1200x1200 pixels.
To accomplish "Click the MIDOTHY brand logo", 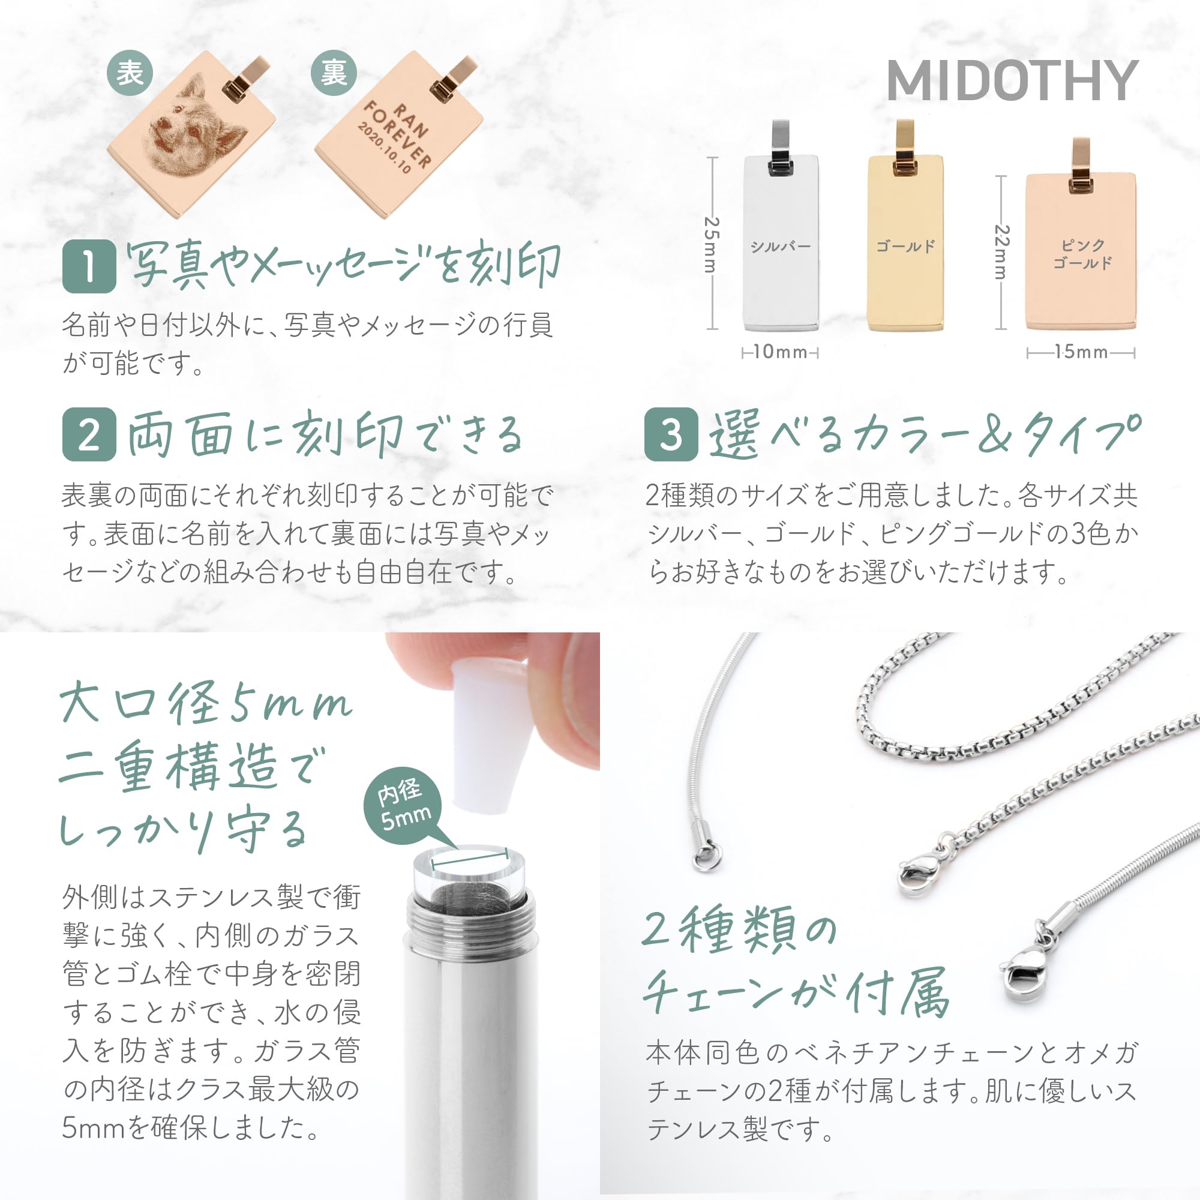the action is tap(1012, 81).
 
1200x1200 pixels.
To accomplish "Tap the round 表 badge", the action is tap(130, 73).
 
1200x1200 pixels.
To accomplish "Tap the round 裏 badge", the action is tap(334, 73).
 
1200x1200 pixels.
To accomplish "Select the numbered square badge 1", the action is tap(89, 266).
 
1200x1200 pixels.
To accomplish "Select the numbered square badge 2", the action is tap(89, 434).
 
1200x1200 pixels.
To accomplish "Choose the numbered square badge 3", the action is tap(671, 434).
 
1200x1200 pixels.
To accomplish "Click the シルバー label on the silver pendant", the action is tap(781, 247).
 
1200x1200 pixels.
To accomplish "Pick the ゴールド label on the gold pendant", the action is tap(905, 247).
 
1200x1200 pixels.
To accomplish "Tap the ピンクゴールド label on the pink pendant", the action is tap(1082, 254).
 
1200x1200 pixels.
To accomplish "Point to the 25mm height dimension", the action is tap(712, 244).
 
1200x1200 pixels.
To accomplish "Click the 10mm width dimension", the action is tap(781, 352).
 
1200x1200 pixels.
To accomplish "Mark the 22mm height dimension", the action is tap(1001, 252).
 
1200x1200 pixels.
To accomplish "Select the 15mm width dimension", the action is tap(1081, 352).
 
